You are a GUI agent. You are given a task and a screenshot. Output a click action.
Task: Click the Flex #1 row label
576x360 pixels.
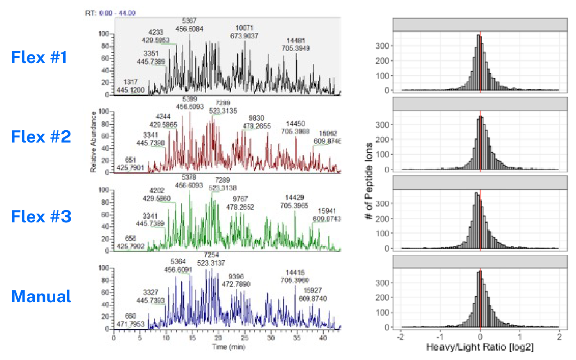pos(39,57)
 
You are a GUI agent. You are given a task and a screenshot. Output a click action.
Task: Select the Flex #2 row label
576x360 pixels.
pos(41,137)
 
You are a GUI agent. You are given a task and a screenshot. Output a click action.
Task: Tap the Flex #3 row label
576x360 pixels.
pos(41,216)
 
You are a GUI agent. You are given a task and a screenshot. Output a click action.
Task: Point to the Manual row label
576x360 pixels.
pos(41,296)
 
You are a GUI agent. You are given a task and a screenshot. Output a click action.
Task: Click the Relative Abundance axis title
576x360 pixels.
pos(93,142)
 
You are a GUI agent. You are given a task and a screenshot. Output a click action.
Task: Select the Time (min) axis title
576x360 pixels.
pos(228,347)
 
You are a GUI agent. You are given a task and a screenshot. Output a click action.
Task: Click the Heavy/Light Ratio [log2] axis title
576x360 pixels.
pos(480,347)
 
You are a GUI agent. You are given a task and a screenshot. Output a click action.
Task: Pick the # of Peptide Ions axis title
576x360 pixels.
pos(369,181)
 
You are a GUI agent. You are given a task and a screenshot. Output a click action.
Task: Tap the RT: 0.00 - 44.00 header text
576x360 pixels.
pos(110,13)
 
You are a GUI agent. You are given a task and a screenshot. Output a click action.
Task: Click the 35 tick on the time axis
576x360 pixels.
pos(296,338)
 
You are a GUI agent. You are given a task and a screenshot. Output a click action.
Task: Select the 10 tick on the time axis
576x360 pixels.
pos(166,338)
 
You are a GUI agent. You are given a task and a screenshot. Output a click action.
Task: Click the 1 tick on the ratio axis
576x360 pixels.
pos(520,337)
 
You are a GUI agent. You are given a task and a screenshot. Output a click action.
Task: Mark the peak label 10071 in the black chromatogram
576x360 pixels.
pos(244,28)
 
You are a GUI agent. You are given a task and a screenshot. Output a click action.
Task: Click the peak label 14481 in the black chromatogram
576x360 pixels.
pos(296,41)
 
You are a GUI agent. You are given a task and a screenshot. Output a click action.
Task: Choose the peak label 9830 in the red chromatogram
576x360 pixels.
pos(257,118)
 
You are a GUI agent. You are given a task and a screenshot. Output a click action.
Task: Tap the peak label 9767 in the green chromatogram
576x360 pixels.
pos(240,199)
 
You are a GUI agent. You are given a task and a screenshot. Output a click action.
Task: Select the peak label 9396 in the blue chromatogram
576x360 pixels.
pos(236,276)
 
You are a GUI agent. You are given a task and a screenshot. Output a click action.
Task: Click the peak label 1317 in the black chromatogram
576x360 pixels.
pos(131,82)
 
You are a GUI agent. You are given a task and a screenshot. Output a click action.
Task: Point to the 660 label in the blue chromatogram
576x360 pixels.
pos(131,316)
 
